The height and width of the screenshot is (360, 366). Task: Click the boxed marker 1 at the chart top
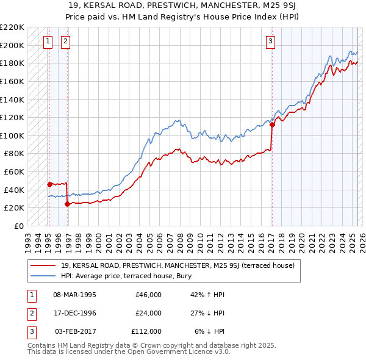pos(48,41)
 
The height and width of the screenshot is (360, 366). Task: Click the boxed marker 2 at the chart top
pos(66,41)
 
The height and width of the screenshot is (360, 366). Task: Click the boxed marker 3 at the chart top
pos(270,41)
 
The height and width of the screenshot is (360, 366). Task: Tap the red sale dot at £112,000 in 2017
pos(272,125)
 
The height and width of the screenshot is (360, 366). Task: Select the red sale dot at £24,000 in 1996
pos(67,204)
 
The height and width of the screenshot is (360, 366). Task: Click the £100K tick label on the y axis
pos(12,135)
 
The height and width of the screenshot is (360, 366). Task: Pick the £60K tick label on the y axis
pos(14,171)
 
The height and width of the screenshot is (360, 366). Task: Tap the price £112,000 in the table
pos(146,331)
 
